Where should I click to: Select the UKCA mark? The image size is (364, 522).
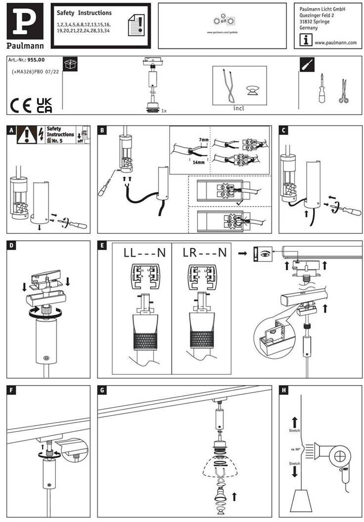[45, 105]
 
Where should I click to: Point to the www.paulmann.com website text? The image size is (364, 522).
[335, 43]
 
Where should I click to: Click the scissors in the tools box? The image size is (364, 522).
[343, 91]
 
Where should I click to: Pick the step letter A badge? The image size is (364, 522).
[11, 130]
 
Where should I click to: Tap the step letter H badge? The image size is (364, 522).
[283, 391]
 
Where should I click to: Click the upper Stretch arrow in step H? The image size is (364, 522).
[295, 422]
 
